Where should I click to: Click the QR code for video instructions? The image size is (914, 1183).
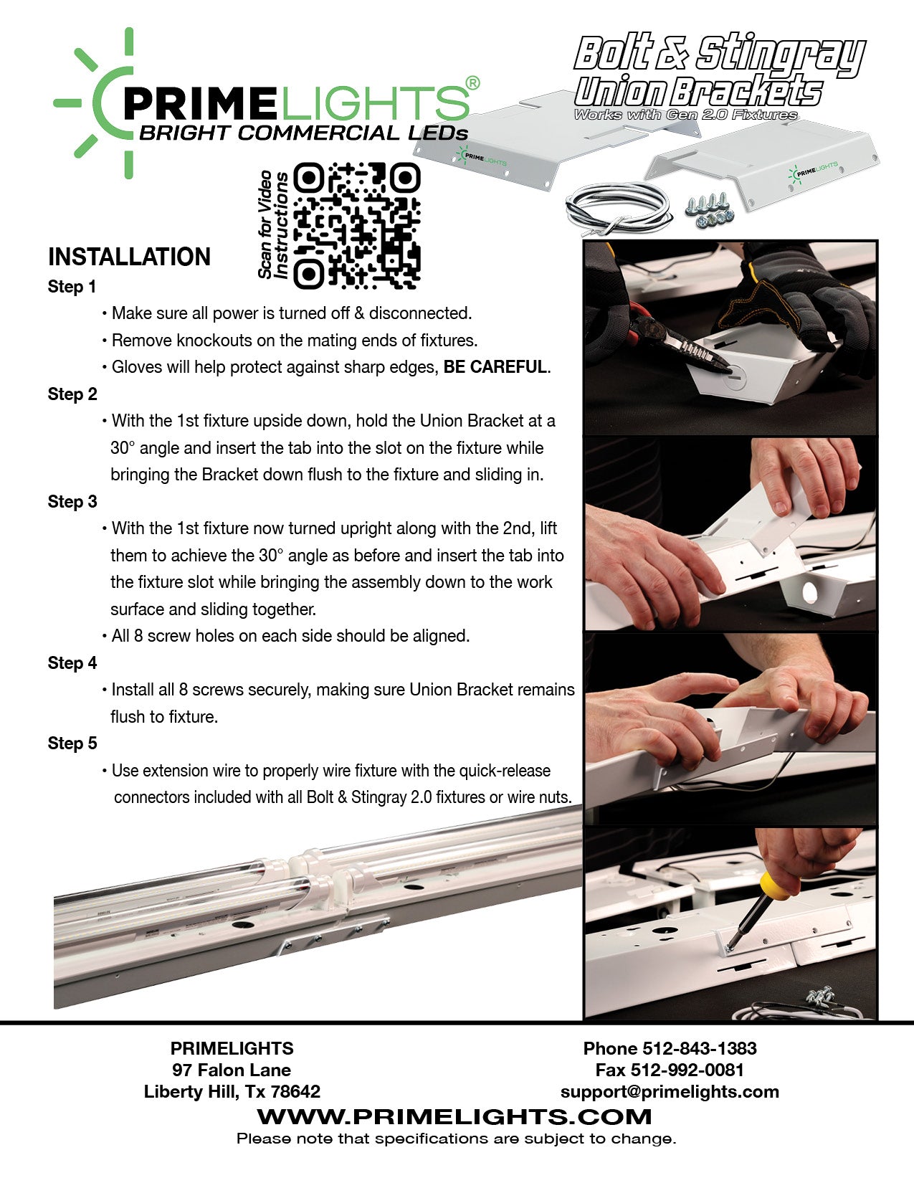[x=357, y=226]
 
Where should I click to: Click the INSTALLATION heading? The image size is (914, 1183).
[x=129, y=257]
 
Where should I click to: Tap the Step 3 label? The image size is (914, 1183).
[x=72, y=501]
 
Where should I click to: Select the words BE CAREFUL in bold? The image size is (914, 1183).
[x=495, y=367]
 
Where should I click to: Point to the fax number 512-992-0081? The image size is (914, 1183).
[x=687, y=1070]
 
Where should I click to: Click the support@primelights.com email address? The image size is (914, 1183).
[x=670, y=1091]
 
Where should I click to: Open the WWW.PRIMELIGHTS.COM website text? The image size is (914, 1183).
[x=454, y=1116]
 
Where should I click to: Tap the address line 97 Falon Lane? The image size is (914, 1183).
[x=232, y=1070]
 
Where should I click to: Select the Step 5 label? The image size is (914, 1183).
[x=72, y=743]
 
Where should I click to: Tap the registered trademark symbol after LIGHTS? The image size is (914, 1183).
[x=472, y=83]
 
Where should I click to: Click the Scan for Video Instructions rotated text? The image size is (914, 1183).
[x=273, y=224]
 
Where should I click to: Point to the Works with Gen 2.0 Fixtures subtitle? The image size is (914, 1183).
[x=685, y=115]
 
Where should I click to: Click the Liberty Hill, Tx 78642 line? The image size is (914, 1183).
[x=232, y=1091]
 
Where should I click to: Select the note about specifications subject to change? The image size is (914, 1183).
[x=456, y=1139]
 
